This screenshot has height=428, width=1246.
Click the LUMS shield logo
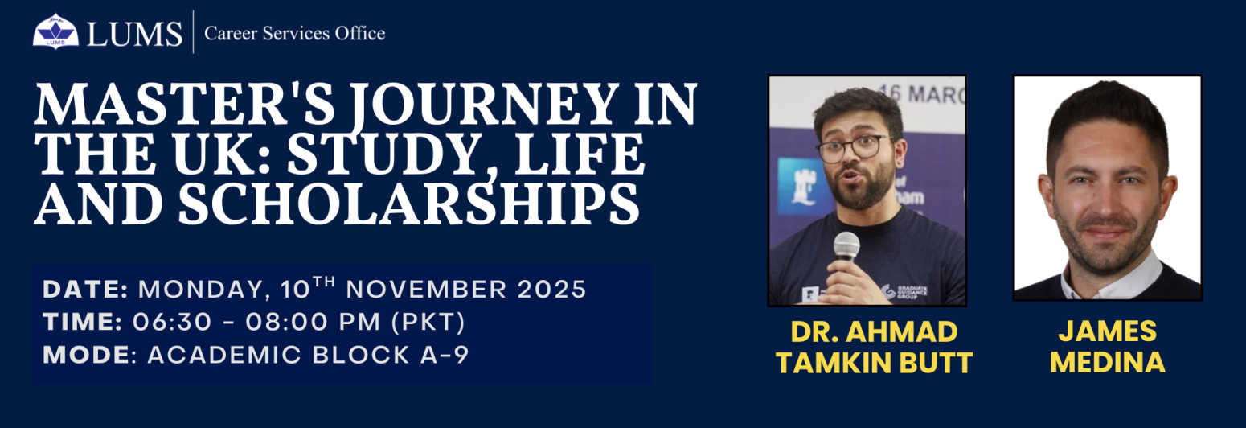pyautogui.click(x=55, y=31)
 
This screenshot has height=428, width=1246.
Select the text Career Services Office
pyautogui.click(x=295, y=34)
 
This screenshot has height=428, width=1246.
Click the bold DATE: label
pyautogui.click(x=86, y=290)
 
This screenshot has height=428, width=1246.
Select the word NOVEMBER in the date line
pyautogui.click(x=427, y=290)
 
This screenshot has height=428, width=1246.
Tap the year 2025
pyautogui.click(x=551, y=290)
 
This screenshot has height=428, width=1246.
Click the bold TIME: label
pyautogui.click(x=83, y=323)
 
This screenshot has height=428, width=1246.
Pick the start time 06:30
pyautogui.click(x=173, y=323)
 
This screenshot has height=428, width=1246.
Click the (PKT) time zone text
pyautogui.click(x=428, y=323)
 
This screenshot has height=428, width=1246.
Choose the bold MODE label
pyautogui.click(x=87, y=355)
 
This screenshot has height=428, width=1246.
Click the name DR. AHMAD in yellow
pyautogui.click(x=874, y=331)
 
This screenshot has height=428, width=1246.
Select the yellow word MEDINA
pyautogui.click(x=1108, y=362)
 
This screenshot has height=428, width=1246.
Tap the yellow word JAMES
pyautogui.click(x=1108, y=331)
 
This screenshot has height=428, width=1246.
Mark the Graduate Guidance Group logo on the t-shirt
pyautogui.click(x=904, y=292)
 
